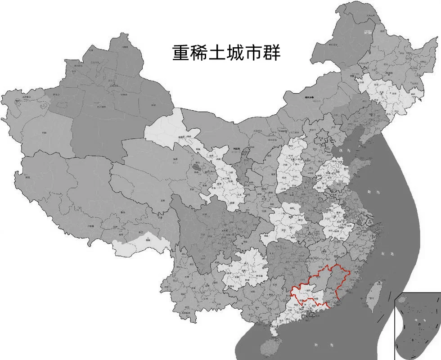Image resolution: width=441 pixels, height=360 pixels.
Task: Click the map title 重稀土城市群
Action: pyautogui.click(x=226, y=53)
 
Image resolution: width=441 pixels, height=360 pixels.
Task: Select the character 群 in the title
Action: pyautogui.click(x=272, y=53)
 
